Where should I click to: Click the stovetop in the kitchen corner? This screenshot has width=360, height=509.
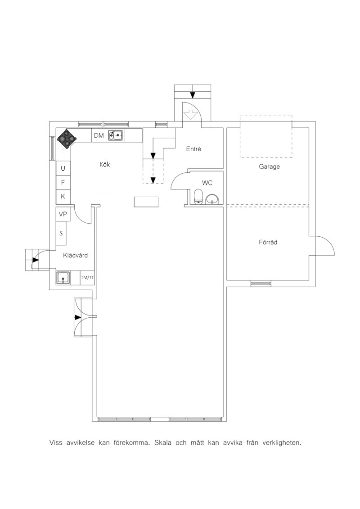pos(67,139)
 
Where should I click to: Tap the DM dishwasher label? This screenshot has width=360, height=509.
pos(99,136)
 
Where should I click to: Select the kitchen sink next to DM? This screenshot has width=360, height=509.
pos(115,135)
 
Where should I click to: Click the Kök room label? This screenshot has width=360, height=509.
pos(104,164)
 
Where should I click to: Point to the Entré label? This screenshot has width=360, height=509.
pos(193,149)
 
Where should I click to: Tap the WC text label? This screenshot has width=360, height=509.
pos(207,183)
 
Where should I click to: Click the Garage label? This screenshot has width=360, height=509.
pos(269,167)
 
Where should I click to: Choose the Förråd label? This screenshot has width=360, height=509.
pos(268,242)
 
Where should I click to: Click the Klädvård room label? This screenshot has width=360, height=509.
pos(75,256)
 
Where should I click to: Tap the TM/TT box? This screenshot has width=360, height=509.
pos(87,278)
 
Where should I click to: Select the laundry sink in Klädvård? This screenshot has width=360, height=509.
pos(63,278)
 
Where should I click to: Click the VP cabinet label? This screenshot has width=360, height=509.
pos(63,214)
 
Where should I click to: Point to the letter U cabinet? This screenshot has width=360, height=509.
pos(63,168)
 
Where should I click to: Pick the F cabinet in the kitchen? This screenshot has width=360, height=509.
pos(63,182)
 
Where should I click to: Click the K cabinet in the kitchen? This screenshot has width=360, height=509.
pos(63,196)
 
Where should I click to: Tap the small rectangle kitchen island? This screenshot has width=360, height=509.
pos(147,202)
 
